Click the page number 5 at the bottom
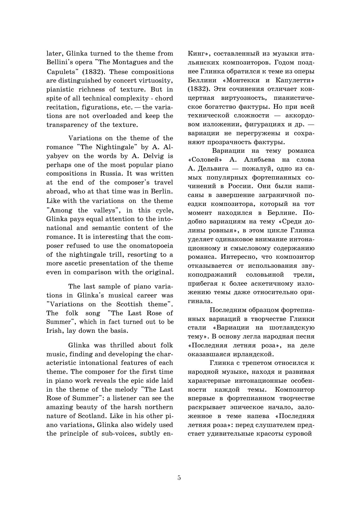coord(179,478)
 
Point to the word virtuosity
coord(156,81)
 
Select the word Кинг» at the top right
coord(199,54)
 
